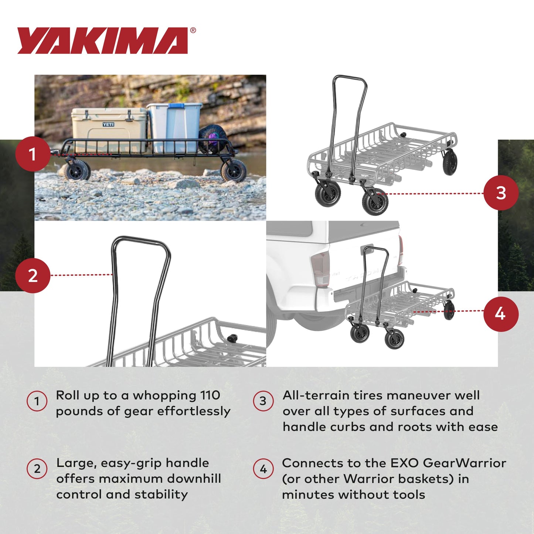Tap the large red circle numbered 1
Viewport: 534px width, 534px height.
pyautogui.click(x=33, y=154)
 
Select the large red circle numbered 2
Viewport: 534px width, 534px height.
pyautogui.click(x=33, y=276)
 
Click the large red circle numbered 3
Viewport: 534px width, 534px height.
pyautogui.click(x=501, y=193)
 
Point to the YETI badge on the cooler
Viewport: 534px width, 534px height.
pyautogui.click(x=108, y=125)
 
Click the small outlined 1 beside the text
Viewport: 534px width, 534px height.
pyautogui.click(x=37, y=401)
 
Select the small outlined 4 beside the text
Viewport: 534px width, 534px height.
pyautogui.click(x=263, y=469)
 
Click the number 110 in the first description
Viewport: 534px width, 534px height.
pyautogui.click(x=210, y=395)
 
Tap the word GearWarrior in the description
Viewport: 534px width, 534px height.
pyautogui.click(x=464, y=463)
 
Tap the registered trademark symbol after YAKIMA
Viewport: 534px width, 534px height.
pyautogui.click(x=193, y=31)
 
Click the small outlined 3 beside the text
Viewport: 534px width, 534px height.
pyautogui.click(x=263, y=401)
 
